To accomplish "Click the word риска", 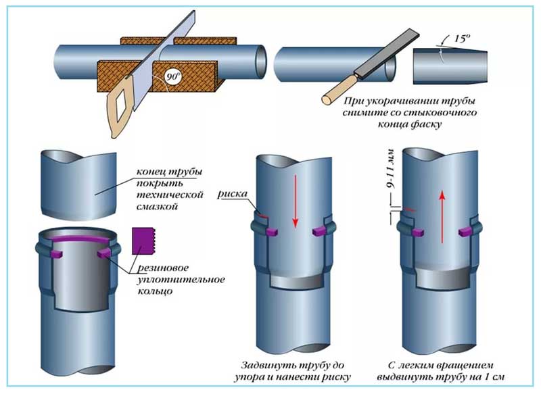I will (232, 193).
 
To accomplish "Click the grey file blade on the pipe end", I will (369, 72).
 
